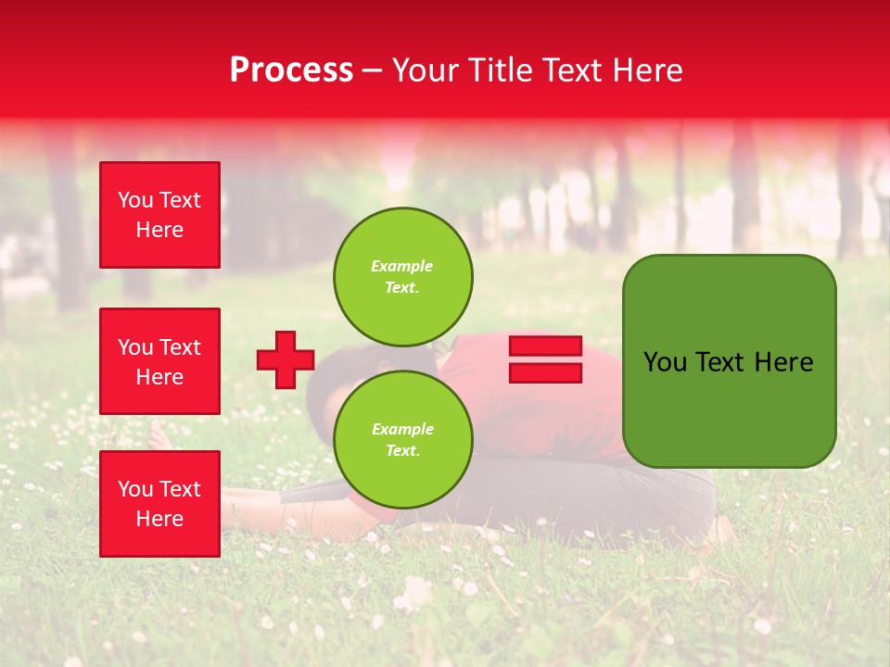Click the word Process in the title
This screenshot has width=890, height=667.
pos(291,70)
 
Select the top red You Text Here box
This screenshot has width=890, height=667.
pos(159,215)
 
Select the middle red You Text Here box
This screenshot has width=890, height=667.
pos(159,361)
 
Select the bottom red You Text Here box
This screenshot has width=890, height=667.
pos(159,503)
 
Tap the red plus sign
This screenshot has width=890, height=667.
pos(286,359)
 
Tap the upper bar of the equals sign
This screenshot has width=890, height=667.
pos(545,346)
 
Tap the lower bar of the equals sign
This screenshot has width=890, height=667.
pos(545,372)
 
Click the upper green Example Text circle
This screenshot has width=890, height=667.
pos(403,276)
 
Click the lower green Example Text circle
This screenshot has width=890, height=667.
pos(403,439)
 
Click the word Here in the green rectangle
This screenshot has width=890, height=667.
pos(783,362)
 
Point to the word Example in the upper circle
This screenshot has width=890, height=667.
pos(402,266)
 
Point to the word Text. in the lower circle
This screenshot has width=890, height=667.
pos(402,451)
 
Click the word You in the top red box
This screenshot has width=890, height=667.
pos(134,200)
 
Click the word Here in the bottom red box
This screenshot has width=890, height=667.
pos(159,519)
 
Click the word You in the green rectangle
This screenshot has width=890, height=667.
pos(665,362)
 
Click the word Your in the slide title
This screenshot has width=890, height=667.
pos(426,70)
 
